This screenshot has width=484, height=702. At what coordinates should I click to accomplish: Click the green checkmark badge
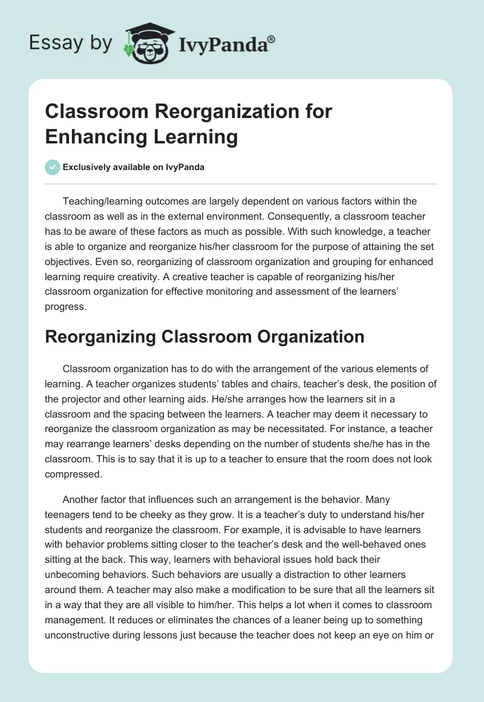point(53,168)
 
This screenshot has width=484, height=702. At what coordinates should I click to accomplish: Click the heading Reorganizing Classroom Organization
point(204,336)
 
